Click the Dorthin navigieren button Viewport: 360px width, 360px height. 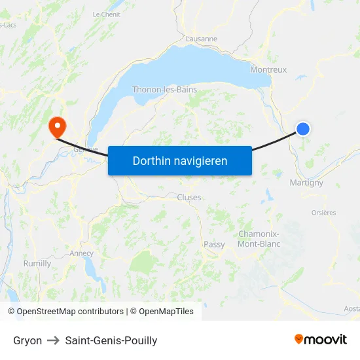pos(179,160)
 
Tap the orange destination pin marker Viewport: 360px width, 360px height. pos(57,125)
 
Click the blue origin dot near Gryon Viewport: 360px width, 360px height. pos(303,129)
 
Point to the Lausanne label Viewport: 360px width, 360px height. pos(202,39)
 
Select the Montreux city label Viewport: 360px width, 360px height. pos(268,69)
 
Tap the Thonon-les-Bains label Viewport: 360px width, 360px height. pos(164,90)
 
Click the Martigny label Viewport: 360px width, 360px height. pos(306,183)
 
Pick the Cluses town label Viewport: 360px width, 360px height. pos(189,197)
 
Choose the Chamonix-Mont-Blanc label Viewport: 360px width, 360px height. pos(259,239)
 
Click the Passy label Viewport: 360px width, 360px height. pos(214,245)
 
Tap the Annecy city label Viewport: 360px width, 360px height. pos(81,253)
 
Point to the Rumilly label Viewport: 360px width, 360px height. pos(37,264)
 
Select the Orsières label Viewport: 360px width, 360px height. pos(323,213)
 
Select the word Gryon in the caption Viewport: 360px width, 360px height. pos(27,340)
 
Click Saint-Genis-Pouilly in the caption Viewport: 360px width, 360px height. pos(111,340)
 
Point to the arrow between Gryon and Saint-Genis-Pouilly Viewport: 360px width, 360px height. pos(54,340)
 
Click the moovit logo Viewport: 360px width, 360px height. pos(321,339)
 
